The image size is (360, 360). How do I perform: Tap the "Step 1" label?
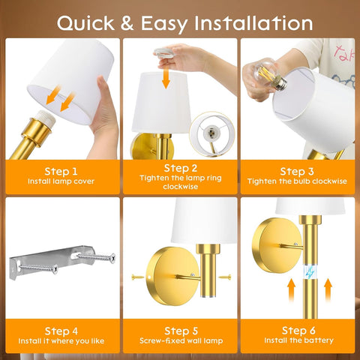[61, 170]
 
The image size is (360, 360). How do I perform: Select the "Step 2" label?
[180, 167]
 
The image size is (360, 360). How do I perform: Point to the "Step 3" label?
[298, 170]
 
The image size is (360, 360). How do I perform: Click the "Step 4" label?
[61, 330]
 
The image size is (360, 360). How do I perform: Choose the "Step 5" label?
[180, 330]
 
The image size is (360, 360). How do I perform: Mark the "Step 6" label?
[298, 330]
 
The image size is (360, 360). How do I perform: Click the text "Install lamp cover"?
[61, 181]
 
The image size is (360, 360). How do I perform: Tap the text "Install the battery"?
[298, 341]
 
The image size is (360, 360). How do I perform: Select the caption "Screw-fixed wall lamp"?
[180, 341]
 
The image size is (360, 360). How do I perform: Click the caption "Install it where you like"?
[61, 341]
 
